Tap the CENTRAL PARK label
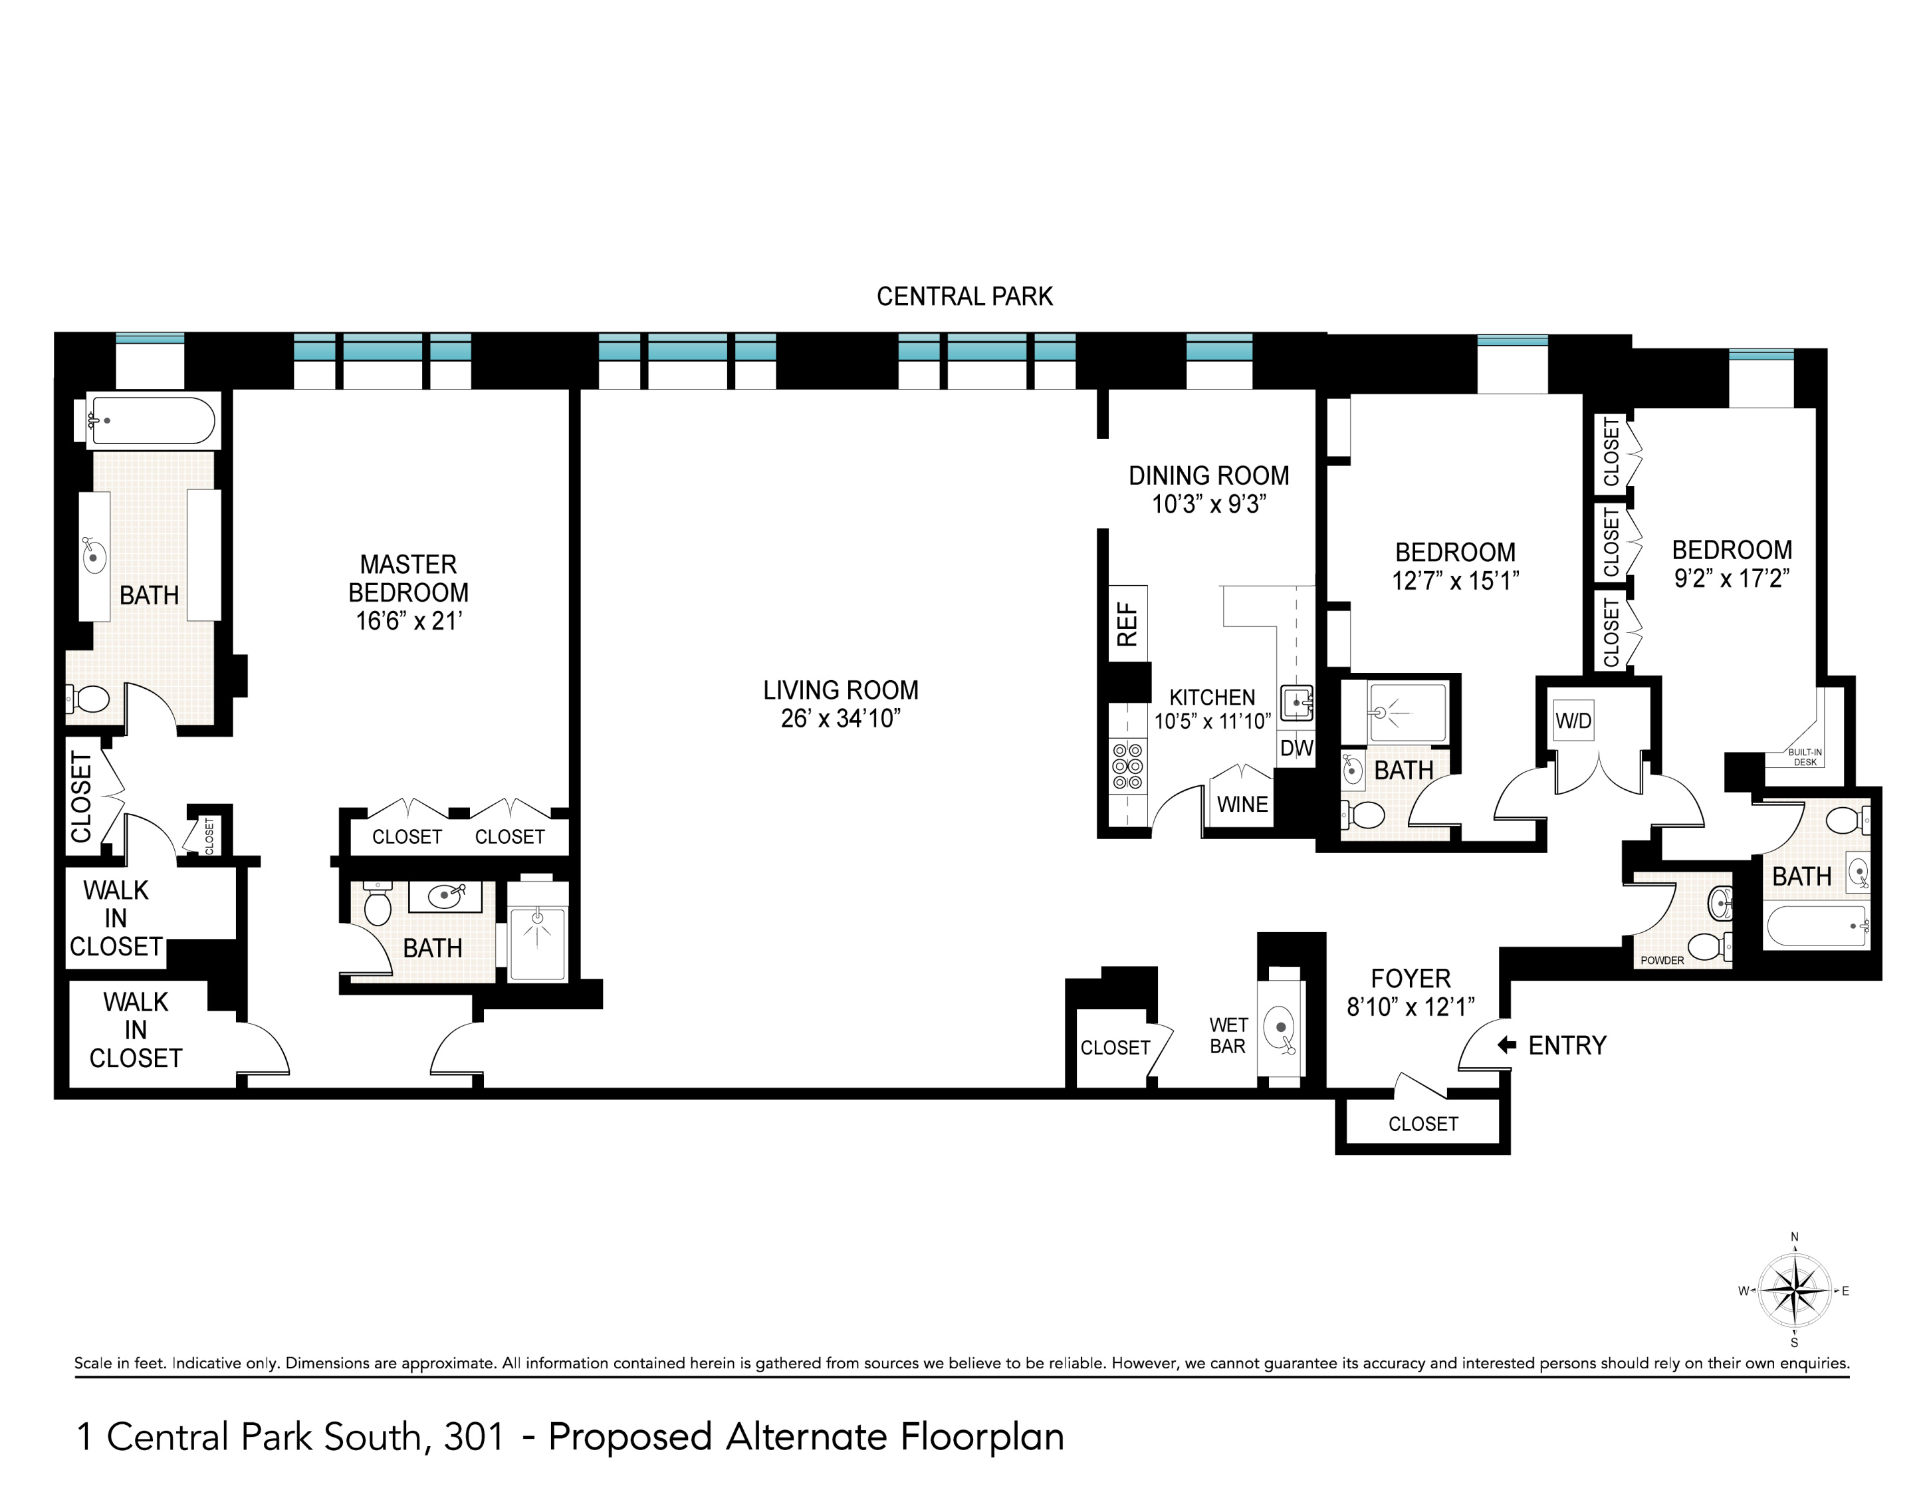(964, 297)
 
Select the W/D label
(1573, 721)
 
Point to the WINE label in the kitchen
(1242, 805)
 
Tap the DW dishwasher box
(1296, 748)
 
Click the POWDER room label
(1661, 960)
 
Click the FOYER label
(1411, 979)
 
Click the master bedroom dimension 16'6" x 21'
(408, 621)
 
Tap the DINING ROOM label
(1208, 476)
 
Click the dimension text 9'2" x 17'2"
(1731, 578)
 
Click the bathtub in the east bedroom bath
(1815, 926)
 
